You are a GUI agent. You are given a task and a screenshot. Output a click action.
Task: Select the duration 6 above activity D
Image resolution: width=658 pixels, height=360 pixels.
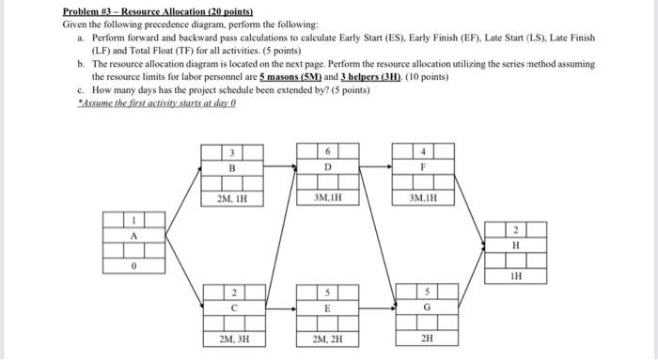[x=327, y=150]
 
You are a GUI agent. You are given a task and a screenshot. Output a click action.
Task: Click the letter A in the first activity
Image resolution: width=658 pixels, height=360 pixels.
[x=133, y=236]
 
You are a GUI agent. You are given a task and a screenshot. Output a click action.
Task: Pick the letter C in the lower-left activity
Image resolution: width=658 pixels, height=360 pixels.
[x=232, y=305]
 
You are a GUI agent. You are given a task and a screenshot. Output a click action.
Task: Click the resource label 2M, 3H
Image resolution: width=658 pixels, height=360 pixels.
[x=232, y=336]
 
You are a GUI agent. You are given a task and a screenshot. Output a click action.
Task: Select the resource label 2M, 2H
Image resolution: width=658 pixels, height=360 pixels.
[x=327, y=336]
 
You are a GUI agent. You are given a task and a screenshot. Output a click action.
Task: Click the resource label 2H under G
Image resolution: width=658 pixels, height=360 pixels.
[x=427, y=336]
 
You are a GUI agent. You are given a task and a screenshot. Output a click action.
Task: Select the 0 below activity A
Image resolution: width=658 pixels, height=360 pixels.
[x=133, y=266]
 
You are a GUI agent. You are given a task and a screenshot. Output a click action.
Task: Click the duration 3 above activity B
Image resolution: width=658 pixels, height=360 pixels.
[x=232, y=150]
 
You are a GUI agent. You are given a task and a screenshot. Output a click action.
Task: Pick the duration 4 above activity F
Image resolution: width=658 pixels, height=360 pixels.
[x=423, y=150]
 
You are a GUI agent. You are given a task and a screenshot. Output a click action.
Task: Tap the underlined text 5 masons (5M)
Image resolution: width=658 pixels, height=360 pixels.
[x=294, y=71]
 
